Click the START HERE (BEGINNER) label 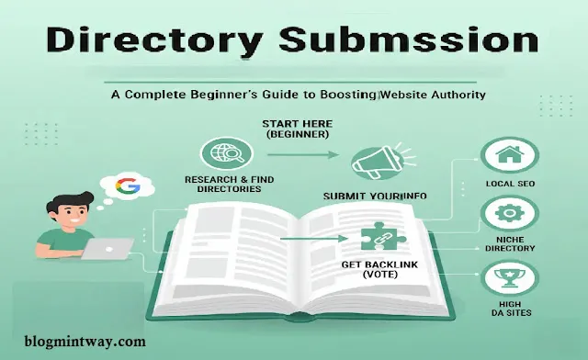[299, 129]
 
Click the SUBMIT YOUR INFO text [375, 197]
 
